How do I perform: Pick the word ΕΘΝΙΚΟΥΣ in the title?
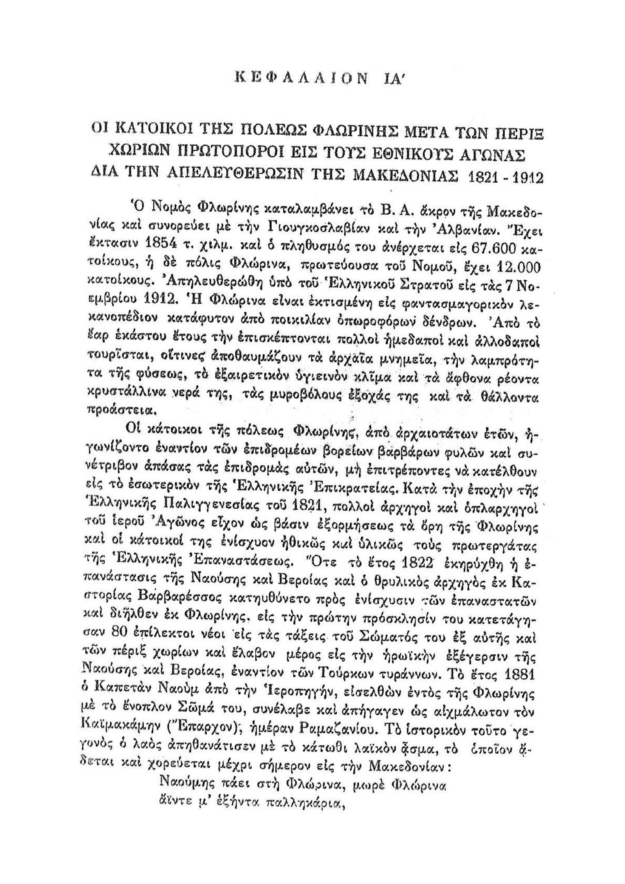click(394, 156)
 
